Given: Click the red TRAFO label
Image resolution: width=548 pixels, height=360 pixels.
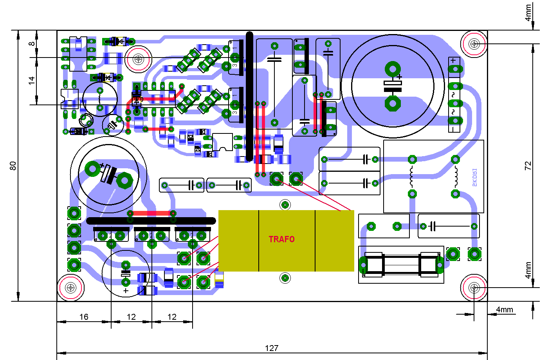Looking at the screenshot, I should point(281,239).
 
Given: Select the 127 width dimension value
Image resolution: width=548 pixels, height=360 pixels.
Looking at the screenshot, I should point(271,348).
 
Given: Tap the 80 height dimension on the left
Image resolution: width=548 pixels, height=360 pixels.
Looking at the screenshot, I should point(13,166).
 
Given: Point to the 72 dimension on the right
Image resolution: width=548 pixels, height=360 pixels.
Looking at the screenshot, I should point(528,166).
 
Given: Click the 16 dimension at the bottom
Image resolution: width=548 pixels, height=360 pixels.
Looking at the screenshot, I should point(84,317).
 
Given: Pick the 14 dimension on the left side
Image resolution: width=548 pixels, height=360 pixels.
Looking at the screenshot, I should point(32,81).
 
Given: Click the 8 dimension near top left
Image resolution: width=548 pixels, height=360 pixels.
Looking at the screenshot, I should point(32,44).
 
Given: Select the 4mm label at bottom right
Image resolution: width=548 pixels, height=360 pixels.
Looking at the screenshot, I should point(504,310).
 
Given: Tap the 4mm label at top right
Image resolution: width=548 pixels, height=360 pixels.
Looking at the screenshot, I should point(528,13).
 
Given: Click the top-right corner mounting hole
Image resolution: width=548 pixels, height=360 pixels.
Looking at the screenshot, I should point(474,43).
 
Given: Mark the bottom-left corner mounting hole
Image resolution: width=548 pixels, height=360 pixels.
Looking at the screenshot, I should point(71,288).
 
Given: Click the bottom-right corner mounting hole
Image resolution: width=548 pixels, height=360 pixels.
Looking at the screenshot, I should point(474,288).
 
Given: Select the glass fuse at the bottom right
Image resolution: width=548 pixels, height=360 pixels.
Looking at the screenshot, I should point(401,265).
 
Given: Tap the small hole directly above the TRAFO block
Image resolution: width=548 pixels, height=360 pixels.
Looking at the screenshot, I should point(285,205).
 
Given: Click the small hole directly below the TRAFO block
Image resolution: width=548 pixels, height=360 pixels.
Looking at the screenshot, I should point(285,278).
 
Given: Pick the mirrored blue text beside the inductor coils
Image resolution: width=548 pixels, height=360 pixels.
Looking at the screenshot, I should point(474,177).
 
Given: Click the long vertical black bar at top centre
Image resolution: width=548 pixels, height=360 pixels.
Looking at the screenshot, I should point(249,96).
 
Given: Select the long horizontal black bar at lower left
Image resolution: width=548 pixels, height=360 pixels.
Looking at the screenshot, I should point(151,221).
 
